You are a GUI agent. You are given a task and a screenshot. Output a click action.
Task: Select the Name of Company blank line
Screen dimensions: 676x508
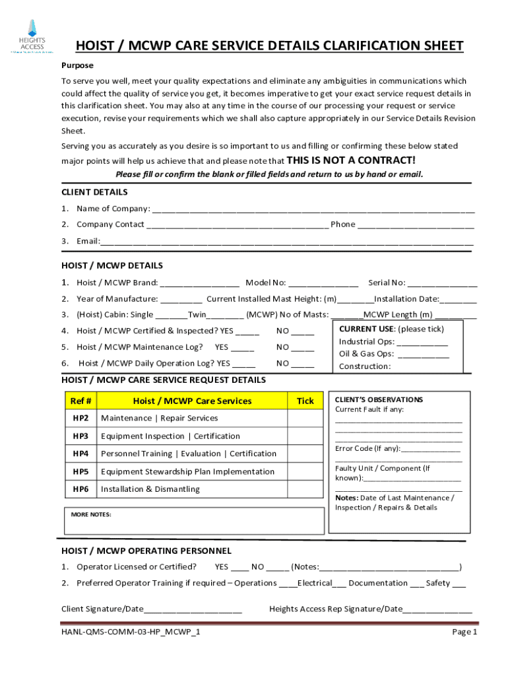[x=313, y=209]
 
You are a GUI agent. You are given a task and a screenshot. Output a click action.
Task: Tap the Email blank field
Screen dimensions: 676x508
[x=286, y=241]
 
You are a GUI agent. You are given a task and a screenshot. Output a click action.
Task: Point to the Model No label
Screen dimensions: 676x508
[x=265, y=283]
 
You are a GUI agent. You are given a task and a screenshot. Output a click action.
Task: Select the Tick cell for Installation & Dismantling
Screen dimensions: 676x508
[x=305, y=489]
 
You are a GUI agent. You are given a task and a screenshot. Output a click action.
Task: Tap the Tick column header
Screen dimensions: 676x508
[x=305, y=401]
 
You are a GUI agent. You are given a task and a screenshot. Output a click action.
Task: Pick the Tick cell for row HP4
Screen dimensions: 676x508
[x=305, y=454]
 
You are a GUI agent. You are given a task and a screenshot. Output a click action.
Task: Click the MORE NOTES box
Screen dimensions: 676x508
[x=194, y=520]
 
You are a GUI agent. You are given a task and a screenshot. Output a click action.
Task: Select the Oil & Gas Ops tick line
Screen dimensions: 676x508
[x=424, y=355]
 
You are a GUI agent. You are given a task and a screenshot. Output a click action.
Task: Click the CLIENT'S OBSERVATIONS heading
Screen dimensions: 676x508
[x=379, y=400]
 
